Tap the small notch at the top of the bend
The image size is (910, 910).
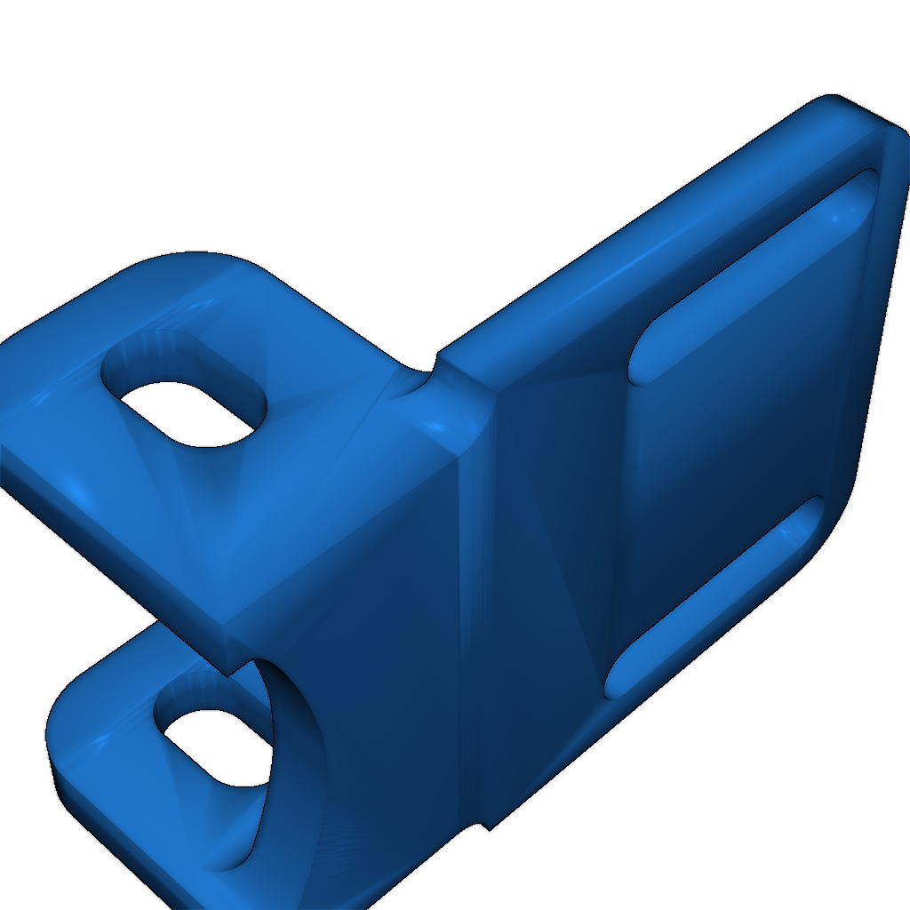click(435, 363)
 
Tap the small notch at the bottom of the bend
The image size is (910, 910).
click(484, 826)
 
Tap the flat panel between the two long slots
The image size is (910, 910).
click(729, 435)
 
